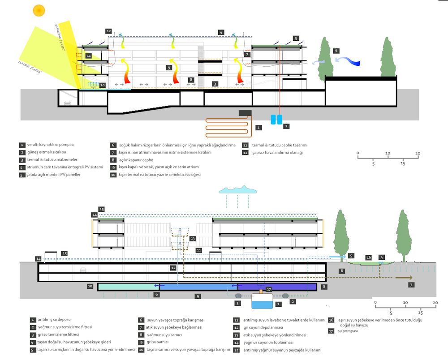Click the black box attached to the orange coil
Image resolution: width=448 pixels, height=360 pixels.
click(245, 113)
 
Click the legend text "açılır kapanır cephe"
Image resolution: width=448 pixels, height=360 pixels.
click(136, 160)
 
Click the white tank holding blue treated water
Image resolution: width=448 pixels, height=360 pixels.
click(262, 302)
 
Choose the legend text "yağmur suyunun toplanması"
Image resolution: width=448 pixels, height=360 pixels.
click(268, 342)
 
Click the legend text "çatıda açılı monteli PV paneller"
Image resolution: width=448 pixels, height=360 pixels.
click(55, 174)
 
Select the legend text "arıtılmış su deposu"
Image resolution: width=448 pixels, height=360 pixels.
click(50, 320)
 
